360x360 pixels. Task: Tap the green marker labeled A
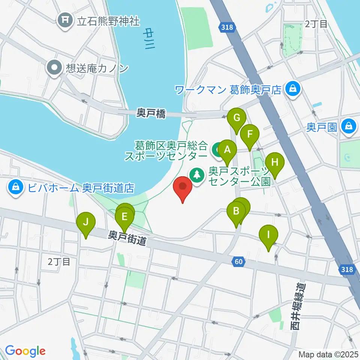(x=226, y=151)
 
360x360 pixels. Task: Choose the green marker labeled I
(x=268, y=235)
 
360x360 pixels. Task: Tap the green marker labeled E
(x=125, y=217)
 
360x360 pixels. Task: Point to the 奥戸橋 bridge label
(x=151, y=114)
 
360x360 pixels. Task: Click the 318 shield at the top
(x=225, y=27)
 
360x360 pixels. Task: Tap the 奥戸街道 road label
(x=127, y=238)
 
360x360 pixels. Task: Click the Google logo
(x=25, y=351)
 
